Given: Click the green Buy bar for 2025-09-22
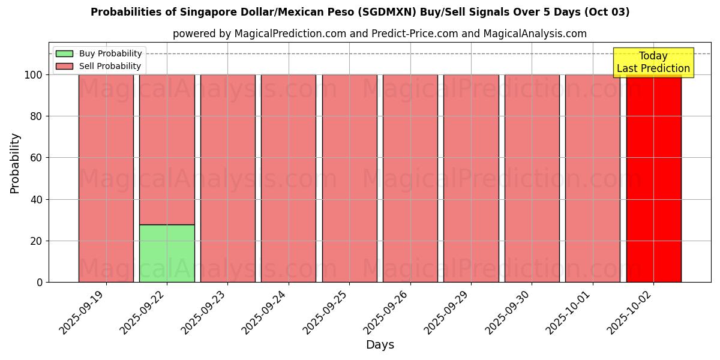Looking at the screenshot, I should click(x=167, y=253).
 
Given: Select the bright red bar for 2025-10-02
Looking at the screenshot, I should click(x=653, y=180).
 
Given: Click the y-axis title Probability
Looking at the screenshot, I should click(x=15, y=163).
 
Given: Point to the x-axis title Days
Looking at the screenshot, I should click(x=380, y=345).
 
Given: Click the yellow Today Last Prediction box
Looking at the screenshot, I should click(x=653, y=62).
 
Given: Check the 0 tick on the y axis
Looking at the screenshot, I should click(x=40, y=283).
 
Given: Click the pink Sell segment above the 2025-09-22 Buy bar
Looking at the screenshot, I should click(x=167, y=149).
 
